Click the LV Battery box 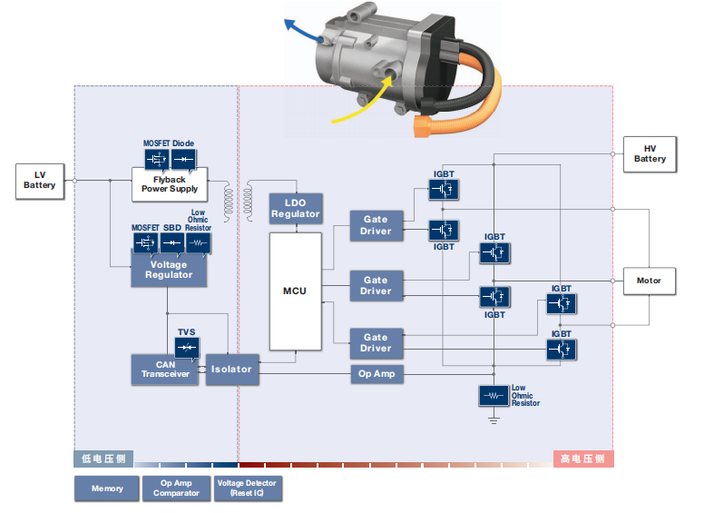40,180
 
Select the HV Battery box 650,153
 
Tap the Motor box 649,281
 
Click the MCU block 295,291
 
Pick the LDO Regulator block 296,209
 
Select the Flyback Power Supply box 170,184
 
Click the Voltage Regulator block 169,270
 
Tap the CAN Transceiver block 164,370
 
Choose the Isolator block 232,370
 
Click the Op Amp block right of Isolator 377,373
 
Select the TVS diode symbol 187,348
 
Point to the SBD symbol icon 172,242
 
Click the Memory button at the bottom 107,488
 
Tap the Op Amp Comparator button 176,488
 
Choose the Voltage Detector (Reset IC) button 248,488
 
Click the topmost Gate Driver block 377,225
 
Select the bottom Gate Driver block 377,342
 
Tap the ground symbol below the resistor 494,419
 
